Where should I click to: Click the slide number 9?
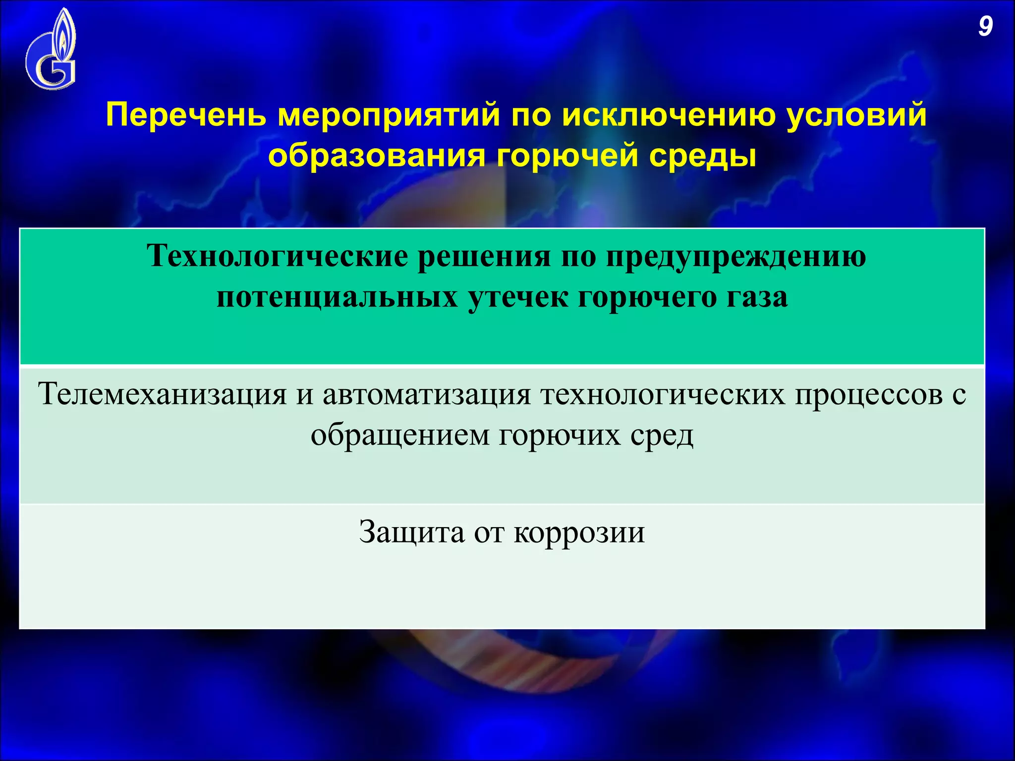click(x=985, y=27)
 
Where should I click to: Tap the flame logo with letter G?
click(x=51, y=50)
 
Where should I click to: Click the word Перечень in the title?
click(x=186, y=115)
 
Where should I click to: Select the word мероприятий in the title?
click(x=389, y=115)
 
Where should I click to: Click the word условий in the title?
click(x=857, y=115)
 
